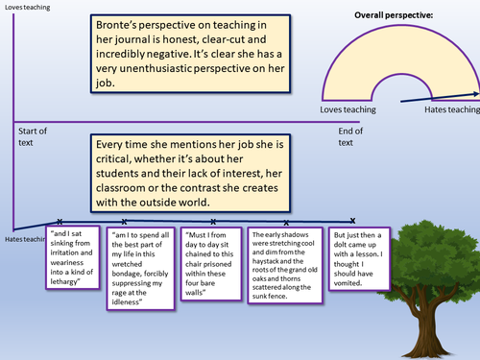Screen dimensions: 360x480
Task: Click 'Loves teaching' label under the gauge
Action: (347, 111)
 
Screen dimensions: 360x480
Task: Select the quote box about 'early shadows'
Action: (284, 260)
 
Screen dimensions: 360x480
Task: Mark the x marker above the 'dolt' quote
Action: (352, 220)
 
